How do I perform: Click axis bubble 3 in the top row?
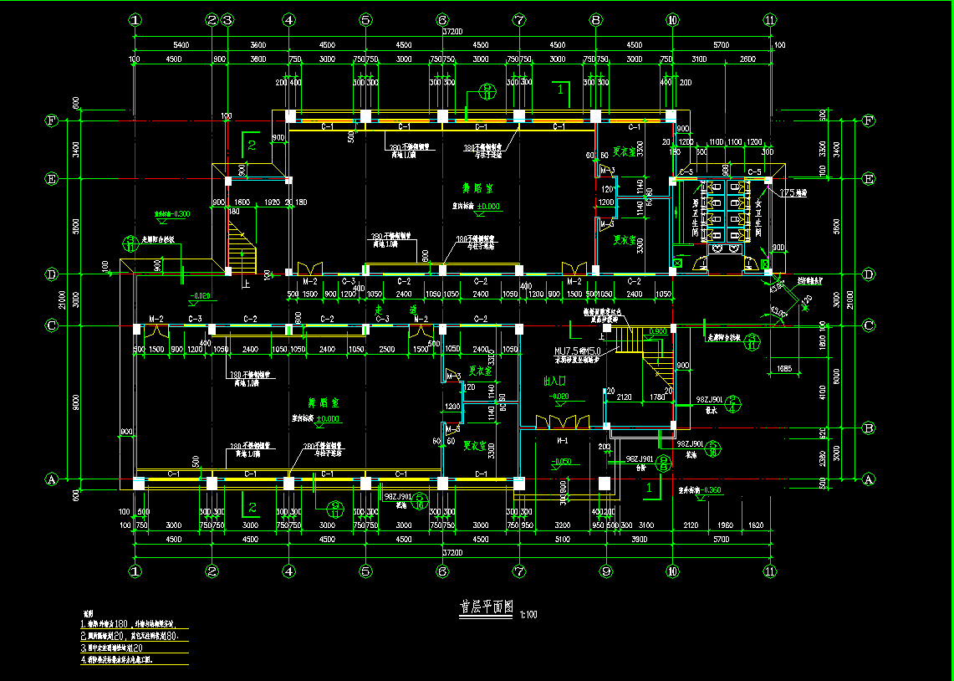[x=227, y=19]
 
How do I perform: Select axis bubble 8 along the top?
[x=595, y=19]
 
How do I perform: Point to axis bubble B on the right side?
[x=868, y=428]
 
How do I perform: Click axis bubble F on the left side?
[x=52, y=120]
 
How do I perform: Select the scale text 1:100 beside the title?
[x=528, y=615]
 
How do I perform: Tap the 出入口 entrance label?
[x=556, y=381]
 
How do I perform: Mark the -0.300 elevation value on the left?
[x=172, y=214]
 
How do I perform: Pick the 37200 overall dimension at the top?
[x=452, y=32]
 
